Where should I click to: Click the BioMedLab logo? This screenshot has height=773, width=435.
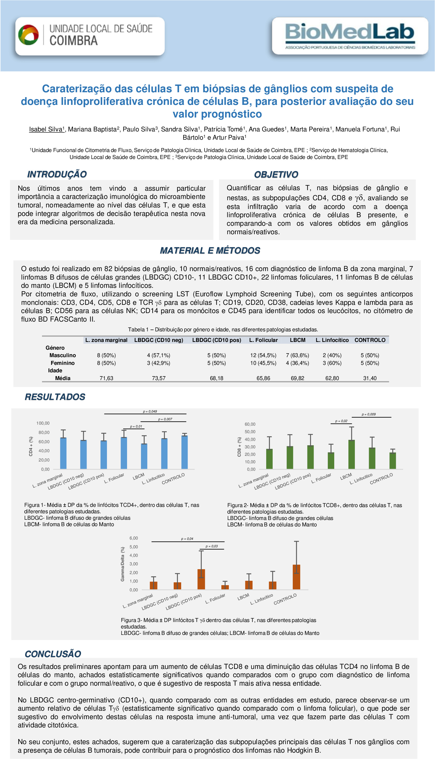tap(350, 36)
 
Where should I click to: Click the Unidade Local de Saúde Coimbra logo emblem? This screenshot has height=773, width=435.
tap(29, 35)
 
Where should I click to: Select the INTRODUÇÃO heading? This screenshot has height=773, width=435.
tap(57, 174)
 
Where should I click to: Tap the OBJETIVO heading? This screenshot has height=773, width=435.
tap(276, 174)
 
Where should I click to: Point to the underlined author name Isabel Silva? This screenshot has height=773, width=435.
tap(46, 129)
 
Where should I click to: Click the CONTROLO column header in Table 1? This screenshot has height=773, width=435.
tap(370, 340)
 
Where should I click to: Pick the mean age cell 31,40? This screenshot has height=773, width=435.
tap(370, 378)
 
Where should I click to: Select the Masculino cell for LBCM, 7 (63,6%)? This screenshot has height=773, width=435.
tap(297, 355)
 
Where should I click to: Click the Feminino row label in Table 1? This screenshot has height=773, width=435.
tap(62, 363)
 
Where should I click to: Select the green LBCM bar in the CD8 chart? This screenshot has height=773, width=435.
tap(351, 454)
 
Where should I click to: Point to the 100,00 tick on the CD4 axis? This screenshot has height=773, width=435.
tap(43, 423)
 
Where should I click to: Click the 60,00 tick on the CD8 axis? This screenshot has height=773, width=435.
tap(250, 424)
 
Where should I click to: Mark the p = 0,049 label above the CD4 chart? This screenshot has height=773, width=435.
tap(150, 411)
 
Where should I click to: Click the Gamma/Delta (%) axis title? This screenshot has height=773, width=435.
tap(122, 564)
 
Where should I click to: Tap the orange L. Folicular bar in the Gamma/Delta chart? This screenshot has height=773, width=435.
tap(225, 587)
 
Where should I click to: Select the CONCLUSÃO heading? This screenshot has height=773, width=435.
tap(53, 654)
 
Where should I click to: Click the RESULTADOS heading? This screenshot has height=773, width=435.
tap(55, 397)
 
